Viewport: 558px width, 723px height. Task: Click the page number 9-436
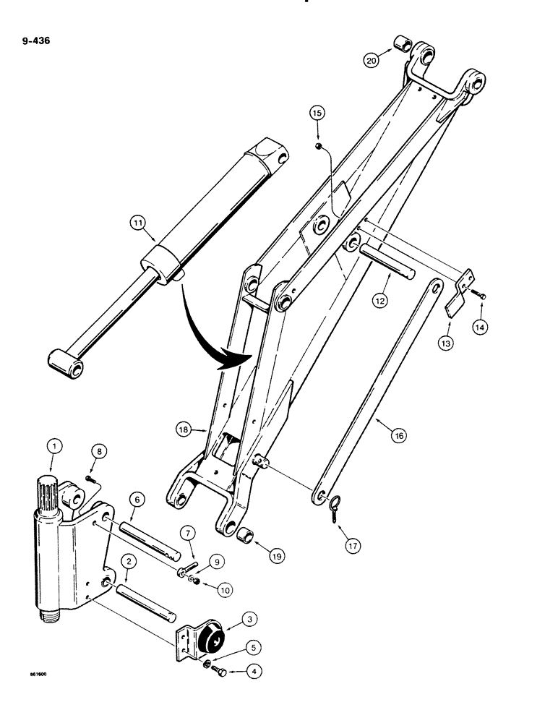pyautogui.click(x=35, y=31)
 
